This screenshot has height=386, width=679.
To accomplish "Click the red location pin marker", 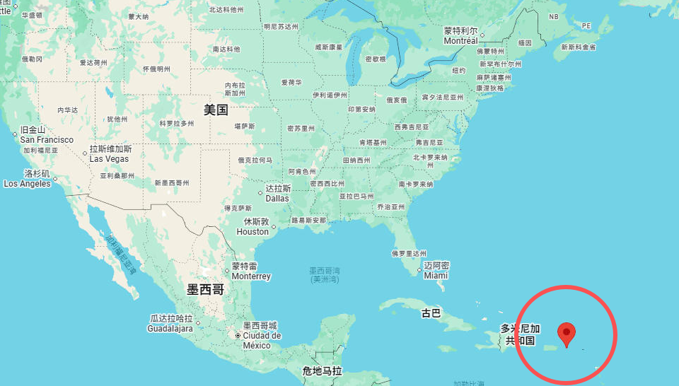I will point(566,333).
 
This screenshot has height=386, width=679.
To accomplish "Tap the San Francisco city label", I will point(47,140).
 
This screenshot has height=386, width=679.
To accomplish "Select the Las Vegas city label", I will point(109,159).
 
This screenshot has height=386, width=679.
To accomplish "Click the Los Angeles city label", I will point(27,183).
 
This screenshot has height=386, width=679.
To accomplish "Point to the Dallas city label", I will point(277,198).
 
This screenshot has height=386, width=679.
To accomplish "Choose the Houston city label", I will point(253,231).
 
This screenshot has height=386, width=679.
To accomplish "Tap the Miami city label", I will point(436,275).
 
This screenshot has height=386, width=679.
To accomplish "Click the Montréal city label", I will point(461,40).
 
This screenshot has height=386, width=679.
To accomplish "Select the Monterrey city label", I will point(251,276).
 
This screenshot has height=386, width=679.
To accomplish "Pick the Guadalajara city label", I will point(170,329).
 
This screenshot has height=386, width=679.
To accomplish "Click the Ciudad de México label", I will point(262,341).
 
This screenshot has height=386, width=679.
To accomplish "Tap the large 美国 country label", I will point(216,110).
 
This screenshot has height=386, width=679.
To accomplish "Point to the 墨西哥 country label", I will point(205,289).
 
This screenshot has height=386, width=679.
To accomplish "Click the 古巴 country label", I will point(431,312).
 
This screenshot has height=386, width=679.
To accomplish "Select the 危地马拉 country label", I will point(322,370).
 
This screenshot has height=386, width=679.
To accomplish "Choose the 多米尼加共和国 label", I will point(520,334).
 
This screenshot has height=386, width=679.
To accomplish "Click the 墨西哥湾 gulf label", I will point(325,274).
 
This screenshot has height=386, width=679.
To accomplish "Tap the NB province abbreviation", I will point(554,17).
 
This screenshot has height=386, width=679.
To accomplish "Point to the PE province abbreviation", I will point(586,25).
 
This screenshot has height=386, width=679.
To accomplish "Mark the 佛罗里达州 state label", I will point(409,253).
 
